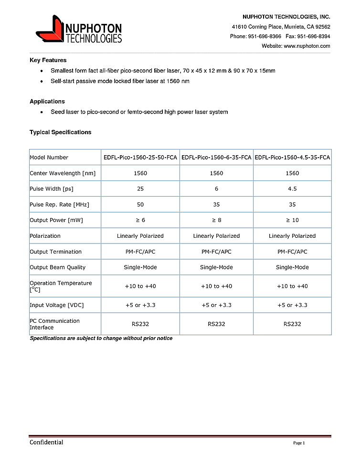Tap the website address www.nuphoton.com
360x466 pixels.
tap(307, 46)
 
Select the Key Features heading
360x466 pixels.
tap(48, 60)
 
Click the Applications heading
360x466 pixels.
tap(47, 101)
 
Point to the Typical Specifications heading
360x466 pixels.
tap(60, 132)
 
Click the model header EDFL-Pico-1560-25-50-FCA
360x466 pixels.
tap(140, 158)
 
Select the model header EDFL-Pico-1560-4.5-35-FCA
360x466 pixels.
tap(292, 158)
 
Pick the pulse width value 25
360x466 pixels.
tap(140, 189)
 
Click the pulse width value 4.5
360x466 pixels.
tap(292, 189)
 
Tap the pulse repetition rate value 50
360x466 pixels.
tap(140, 205)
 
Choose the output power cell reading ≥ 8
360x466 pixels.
tap(216, 221)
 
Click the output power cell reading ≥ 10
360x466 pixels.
tap(292, 221)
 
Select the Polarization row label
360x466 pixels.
tap(45, 236)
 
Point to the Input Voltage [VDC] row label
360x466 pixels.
tap(56, 305)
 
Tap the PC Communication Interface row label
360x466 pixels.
tap(54, 324)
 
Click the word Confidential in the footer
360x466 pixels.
tap(46, 443)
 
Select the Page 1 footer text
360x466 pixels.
tap(298, 444)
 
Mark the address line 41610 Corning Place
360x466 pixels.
tap(281, 27)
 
